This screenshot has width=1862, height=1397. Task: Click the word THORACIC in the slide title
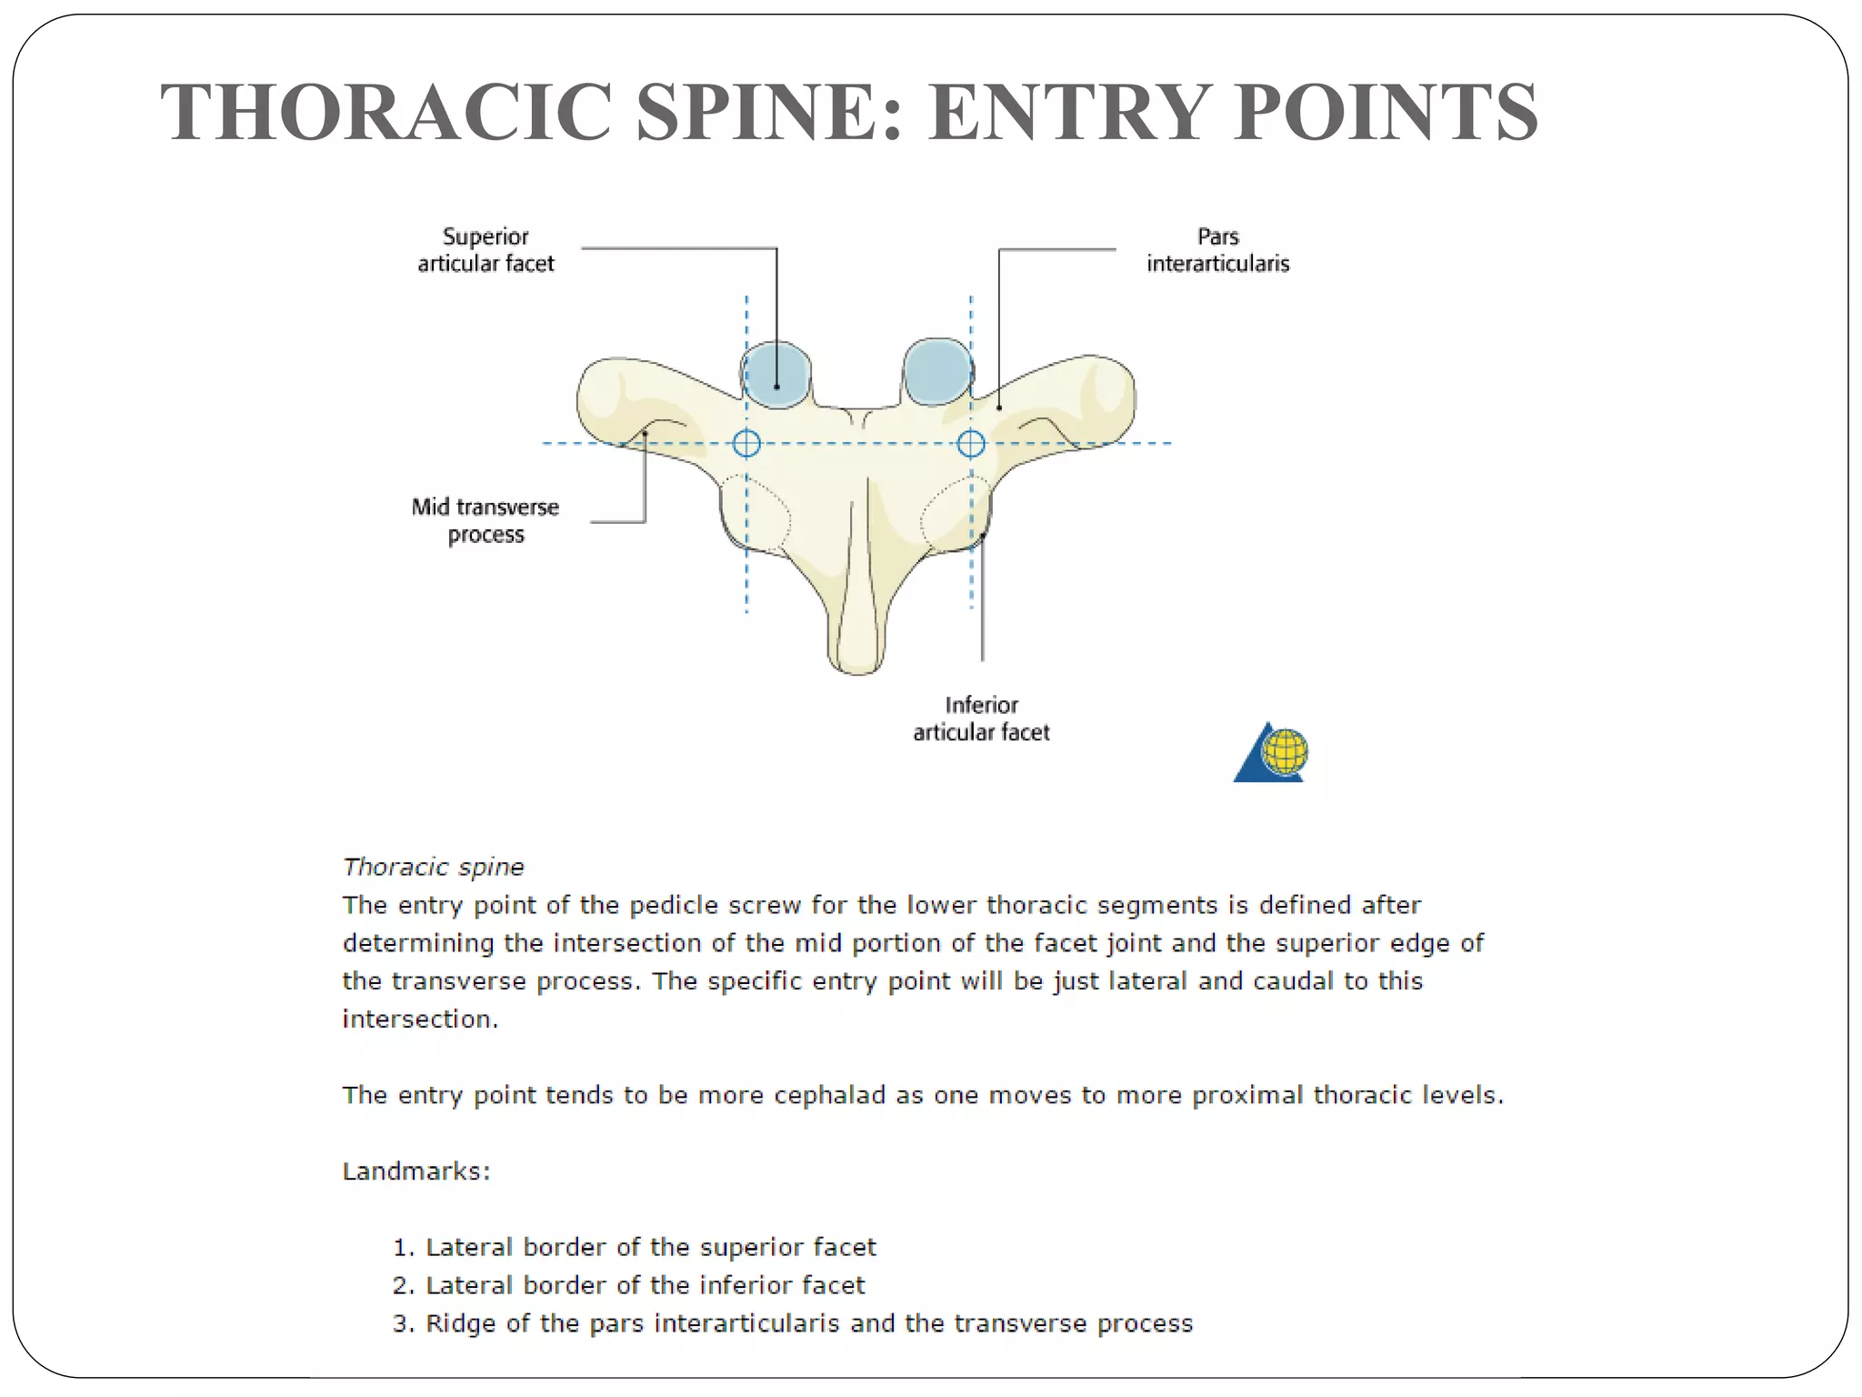tap(385, 112)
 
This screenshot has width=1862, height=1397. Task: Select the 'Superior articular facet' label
tap(486, 250)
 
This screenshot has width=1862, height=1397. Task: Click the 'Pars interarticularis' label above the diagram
tap(1217, 250)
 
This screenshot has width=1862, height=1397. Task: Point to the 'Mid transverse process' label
tap(486, 520)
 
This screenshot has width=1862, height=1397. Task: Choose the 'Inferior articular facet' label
tap(981, 719)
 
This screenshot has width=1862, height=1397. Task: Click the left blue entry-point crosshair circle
tap(746, 444)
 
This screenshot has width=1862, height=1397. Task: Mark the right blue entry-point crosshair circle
tap(971, 444)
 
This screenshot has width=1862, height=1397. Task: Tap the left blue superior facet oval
tap(776, 374)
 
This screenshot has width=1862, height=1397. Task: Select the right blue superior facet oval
tap(936, 371)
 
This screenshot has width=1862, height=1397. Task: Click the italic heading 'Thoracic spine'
tap(433, 867)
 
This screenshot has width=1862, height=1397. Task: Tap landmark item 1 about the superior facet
tap(635, 1247)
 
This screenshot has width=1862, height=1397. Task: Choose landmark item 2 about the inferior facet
tap(629, 1285)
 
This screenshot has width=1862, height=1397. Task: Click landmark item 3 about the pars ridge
tap(793, 1323)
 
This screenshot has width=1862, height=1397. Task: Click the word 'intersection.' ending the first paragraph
tap(420, 1020)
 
